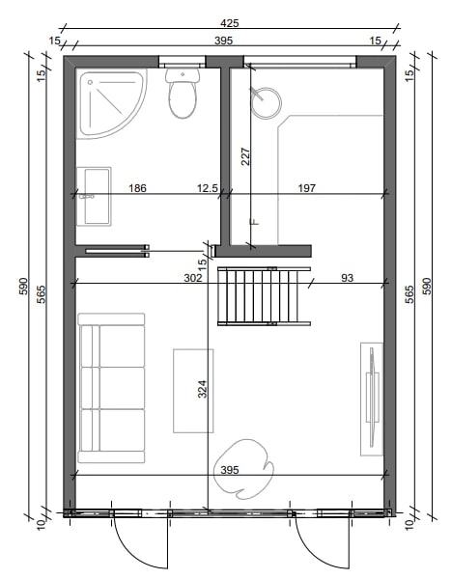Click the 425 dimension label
tap(230, 23)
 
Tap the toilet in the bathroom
tap(183, 93)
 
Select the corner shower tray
tap(111, 103)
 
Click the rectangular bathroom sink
tap(94, 196)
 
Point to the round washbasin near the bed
tap(267, 103)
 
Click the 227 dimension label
tap(245, 156)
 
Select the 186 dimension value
tap(137, 188)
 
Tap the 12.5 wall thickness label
tap(208, 188)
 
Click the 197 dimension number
tap(307, 188)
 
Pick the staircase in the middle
tap(264, 296)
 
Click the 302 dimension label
tap(193, 278)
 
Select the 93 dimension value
tap(347, 278)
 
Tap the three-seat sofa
tap(111, 388)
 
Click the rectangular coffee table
tap(193, 391)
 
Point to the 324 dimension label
tap(202, 389)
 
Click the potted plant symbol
tap(244, 469)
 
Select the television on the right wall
tap(372, 399)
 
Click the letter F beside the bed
tap(255, 222)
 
